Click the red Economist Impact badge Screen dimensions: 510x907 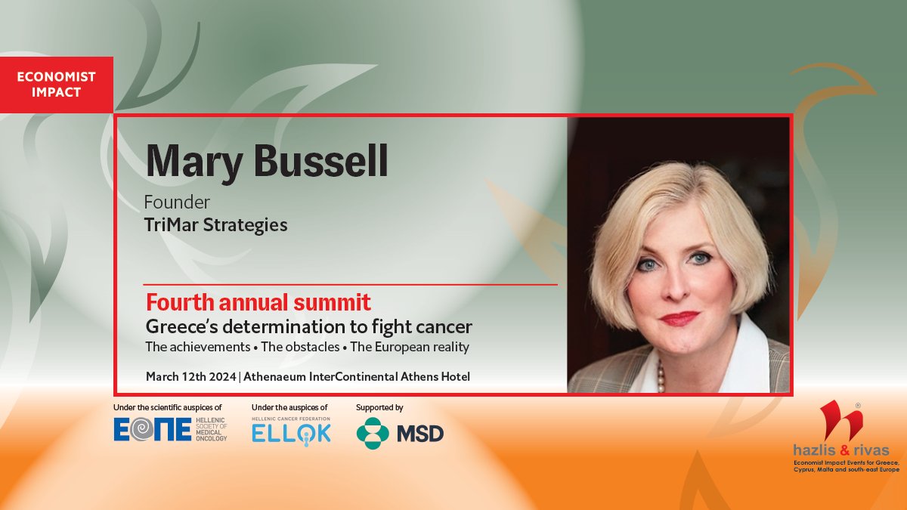tap(56, 85)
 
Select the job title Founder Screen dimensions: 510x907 tap(178, 202)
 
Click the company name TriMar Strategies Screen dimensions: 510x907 tap(216, 225)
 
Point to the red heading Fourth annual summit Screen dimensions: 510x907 tap(258, 303)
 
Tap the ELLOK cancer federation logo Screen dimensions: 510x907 tap(291, 432)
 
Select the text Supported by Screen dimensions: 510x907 tap(379, 407)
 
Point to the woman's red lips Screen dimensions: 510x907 tap(679, 317)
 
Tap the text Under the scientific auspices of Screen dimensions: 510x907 tap(167, 407)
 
